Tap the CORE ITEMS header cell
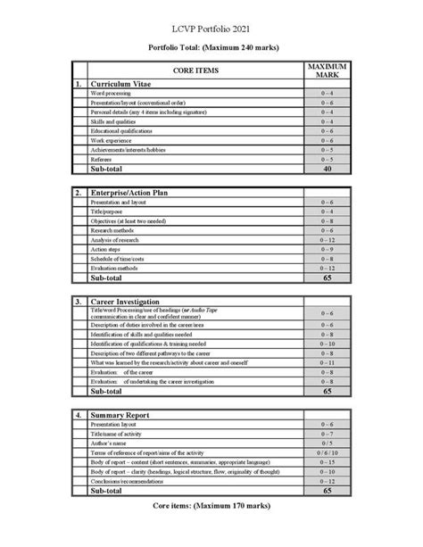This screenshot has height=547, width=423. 194,70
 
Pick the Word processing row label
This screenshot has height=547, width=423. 112,94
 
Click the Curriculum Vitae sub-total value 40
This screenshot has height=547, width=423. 327,168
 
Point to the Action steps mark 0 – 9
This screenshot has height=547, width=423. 327,249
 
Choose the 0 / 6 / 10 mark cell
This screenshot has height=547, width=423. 327,453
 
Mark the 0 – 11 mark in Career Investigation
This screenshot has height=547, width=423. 327,362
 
